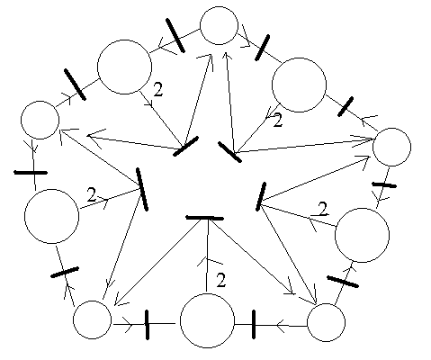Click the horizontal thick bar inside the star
click(204, 218)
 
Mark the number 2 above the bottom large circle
click(221, 280)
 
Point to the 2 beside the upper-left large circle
click(158, 89)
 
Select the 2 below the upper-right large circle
click(278, 120)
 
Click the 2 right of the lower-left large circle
click(92, 194)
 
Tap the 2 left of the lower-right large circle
click(323, 209)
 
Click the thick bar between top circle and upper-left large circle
click(175, 35)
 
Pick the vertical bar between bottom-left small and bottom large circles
click(147, 325)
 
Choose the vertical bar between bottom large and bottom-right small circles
click(254, 325)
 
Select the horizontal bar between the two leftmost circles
click(31, 173)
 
